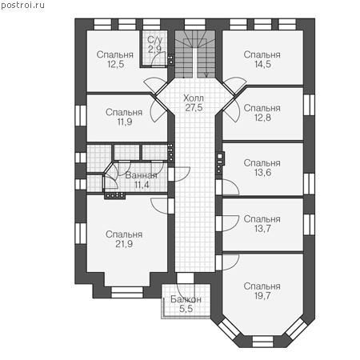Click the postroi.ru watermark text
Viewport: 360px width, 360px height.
22,6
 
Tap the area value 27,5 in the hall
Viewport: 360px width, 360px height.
194,108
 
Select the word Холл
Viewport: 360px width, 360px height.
194,98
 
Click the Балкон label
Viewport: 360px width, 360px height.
186,299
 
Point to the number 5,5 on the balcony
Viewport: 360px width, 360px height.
186,309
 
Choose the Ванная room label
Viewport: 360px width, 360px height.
141,175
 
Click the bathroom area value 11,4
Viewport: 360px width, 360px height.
142,185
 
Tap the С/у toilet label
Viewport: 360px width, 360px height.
154,40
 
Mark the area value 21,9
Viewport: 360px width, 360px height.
124,244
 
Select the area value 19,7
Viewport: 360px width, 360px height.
262,295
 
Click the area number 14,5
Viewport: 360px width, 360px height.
262,64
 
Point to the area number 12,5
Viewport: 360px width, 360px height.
115,64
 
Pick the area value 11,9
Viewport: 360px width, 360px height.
125,122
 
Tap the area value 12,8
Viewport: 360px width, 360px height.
262,118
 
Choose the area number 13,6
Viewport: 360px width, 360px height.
262,173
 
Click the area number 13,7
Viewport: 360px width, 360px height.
262,229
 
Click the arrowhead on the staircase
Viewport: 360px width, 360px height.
206,75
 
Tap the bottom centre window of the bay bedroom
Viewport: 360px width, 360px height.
262,342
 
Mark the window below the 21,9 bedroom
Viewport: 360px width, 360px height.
127,292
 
